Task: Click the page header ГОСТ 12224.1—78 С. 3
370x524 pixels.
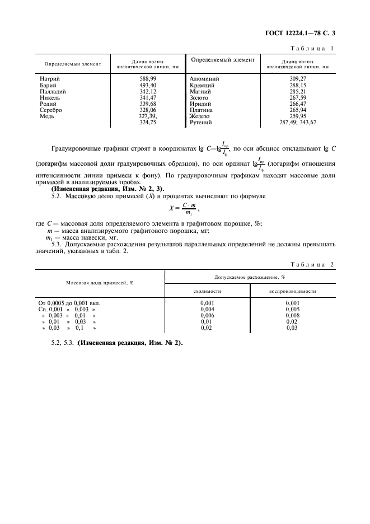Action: pyautogui.click(x=304, y=34)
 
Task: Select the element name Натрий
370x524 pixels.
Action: pyautogui.click(x=50, y=79)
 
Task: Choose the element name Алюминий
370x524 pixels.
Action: pyautogui.click(x=205, y=79)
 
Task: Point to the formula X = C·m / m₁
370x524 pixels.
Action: pyautogui.click(x=184, y=208)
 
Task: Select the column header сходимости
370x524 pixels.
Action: pyautogui.click(x=207, y=291)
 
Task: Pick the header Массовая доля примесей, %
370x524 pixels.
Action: pyautogui.click(x=100, y=283)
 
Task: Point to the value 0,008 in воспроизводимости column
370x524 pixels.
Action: pyautogui.click(x=292, y=315)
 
